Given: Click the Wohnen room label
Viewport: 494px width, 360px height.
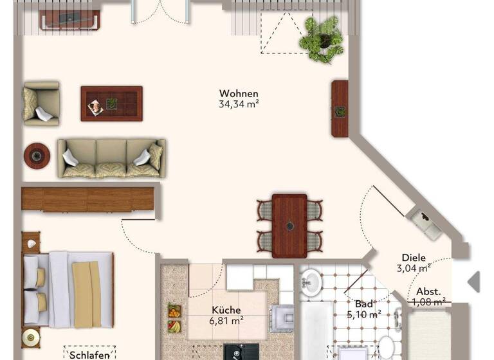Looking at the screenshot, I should click(239, 93).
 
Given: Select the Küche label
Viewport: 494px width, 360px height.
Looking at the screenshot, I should click(226, 310).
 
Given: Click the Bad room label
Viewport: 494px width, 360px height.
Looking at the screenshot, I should click(363, 304).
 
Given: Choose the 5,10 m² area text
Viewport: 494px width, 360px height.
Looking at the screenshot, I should click(364, 314).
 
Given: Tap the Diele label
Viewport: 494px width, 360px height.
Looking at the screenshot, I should click(414, 257).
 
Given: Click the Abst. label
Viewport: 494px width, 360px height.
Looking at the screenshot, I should click(428, 291).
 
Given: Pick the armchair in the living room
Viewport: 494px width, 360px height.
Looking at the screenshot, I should click(40, 104).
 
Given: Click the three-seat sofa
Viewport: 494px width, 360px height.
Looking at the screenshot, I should click(111, 157).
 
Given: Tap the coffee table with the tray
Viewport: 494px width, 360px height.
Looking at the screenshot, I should click(111, 103).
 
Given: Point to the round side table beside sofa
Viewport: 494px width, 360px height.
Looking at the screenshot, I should click(37, 154).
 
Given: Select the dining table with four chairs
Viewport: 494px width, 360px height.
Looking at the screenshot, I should click(289, 226).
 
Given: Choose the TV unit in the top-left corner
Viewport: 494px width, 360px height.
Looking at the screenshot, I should click(70, 21).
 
